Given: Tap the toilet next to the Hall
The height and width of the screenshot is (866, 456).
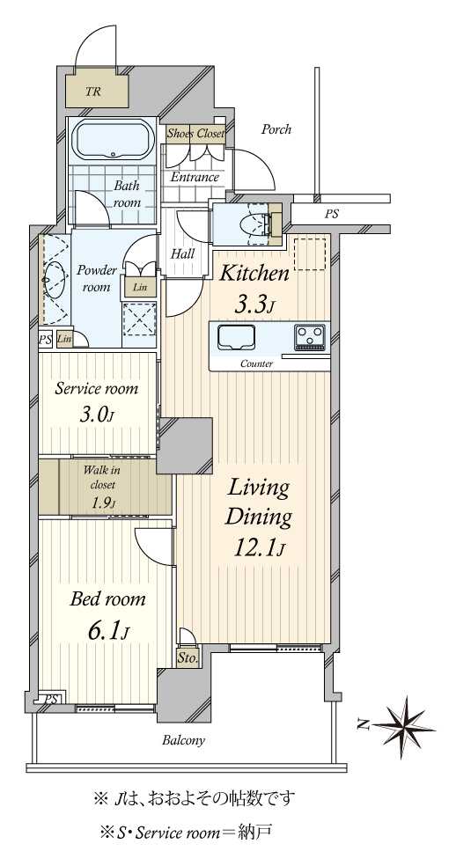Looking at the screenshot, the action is click(x=258, y=224).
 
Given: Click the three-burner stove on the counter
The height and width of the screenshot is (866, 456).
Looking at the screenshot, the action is click(x=310, y=337).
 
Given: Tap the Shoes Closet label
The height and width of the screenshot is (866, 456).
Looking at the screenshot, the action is click(x=195, y=133).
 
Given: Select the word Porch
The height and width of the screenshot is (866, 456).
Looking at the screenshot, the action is click(x=276, y=129).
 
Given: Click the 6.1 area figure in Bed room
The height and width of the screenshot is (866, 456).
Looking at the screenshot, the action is click(x=108, y=631).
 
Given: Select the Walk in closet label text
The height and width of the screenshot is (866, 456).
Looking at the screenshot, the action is click(x=101, y=478).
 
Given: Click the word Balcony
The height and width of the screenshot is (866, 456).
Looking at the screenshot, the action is click(x=183, y=741).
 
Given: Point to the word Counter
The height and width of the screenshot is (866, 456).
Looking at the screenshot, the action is click(x=256, y=364).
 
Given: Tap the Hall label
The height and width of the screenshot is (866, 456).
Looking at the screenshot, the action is click(x=182, y=254).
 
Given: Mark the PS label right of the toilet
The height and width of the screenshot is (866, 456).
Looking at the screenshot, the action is click(x=332, y=215).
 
